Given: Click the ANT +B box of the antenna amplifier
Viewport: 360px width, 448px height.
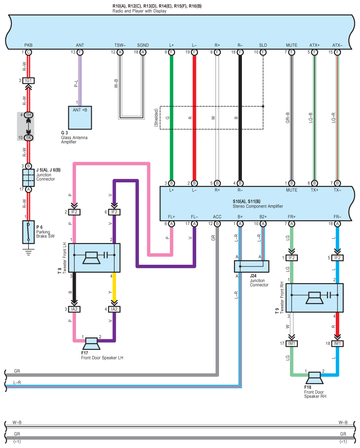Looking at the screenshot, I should (x=80, y=117).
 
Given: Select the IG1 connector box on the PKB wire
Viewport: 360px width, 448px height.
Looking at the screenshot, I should (x=28, y=81).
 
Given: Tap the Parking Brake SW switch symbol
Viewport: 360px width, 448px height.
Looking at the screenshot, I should (x=28, y=232).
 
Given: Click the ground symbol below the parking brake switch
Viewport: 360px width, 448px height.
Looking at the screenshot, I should (x=28, y=252).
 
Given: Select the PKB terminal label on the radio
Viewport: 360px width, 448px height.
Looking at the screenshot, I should (x=28, y=45).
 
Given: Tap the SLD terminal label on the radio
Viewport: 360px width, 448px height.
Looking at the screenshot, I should (x=263, y=45).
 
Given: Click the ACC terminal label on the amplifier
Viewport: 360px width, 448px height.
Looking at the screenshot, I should (x=217, y=217).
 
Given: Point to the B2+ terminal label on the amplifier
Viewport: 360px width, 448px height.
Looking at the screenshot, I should (x=263, y=217).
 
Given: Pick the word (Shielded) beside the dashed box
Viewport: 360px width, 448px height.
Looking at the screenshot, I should (x=156, y=118).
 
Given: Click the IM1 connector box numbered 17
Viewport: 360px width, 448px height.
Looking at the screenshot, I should (x=291, y=343).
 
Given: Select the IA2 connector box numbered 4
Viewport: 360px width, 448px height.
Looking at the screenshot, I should (x=114, y=309).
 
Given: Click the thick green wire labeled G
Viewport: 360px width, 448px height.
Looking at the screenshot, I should (x=171, y=118).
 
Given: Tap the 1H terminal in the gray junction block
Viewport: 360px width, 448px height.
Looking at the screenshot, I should (x=28, y=115).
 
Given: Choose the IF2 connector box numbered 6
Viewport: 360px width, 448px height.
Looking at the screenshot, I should (x=114, y=212).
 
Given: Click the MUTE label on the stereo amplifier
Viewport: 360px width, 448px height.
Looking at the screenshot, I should (x=291, y=191).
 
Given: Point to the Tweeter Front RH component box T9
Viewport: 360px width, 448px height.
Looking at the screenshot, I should (x=314, y=298).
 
